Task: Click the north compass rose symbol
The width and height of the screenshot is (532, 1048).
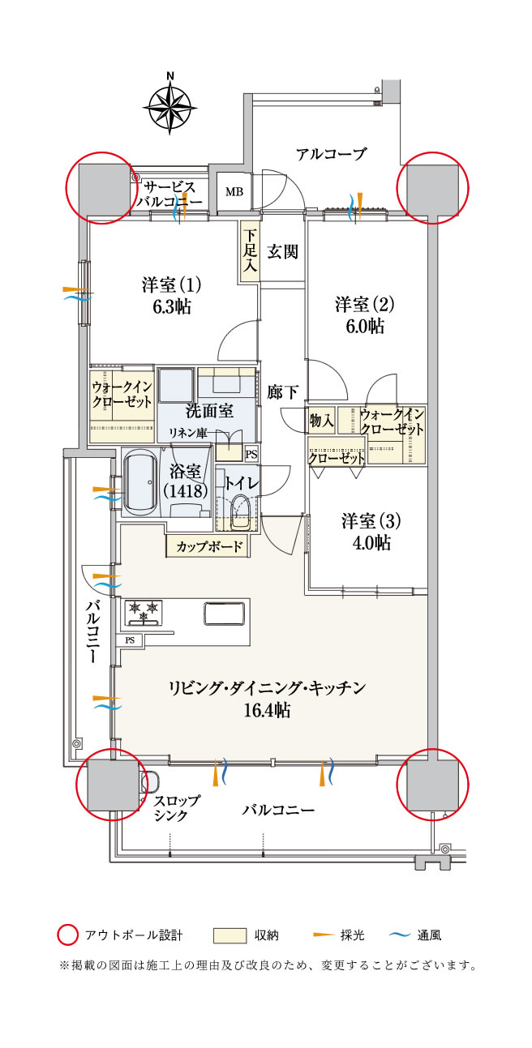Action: [169, 104]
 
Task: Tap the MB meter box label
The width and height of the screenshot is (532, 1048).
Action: [234, 192]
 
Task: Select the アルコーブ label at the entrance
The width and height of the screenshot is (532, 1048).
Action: [331, 154]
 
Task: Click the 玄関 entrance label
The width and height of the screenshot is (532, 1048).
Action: [283, 251]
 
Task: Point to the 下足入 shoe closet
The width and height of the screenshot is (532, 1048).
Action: [249, 251]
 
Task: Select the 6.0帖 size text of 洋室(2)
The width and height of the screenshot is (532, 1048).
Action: [364, 326]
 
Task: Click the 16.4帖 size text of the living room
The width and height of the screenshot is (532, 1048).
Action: [267, 711]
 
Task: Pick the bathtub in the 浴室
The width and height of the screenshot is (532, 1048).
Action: [142, 482]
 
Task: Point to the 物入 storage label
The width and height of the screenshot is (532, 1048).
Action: [321, 420]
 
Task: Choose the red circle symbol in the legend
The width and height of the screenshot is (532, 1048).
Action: [67, 935]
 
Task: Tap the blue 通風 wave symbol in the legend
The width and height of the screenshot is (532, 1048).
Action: [399, 935]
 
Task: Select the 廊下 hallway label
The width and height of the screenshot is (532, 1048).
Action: [283, 392]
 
